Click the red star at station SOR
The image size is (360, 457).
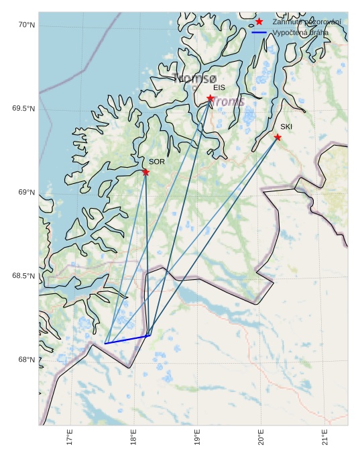click(x=145, y=172)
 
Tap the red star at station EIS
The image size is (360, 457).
click(x=211, y=99)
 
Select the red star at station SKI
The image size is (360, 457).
click(x=278, y=138)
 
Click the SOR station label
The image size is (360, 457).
click(x=157, y=162)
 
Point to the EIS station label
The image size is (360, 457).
click(x=219, y=88)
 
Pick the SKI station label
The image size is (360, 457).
click(x=286, y=127)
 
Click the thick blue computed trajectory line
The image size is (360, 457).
click(x=127, y=340)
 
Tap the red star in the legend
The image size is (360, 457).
click(x=259, y=22)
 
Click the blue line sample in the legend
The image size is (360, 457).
click(x=259, y=32)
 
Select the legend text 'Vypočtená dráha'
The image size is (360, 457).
click(x=300, y=32)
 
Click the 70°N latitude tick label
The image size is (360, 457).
click(x=26, y=26)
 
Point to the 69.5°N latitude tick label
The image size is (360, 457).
click(x=23, y=109)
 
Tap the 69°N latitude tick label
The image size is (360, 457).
click(x=26, y=193)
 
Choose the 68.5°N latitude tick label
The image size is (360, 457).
click(x=23, y=276)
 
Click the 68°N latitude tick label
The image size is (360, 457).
click(x=26, y=360)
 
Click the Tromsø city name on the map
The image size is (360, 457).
click(x=195, y=79)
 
